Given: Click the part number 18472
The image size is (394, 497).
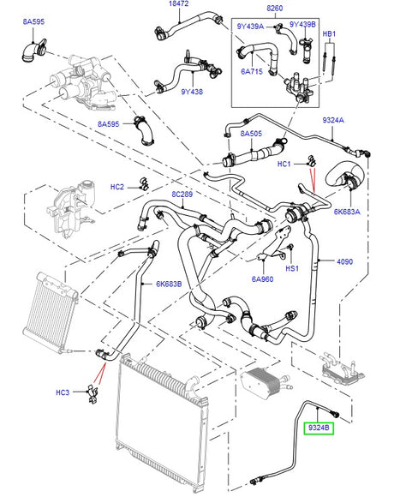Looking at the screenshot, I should [x=178, y=6].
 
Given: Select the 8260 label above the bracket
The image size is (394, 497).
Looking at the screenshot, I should [x=275, y=8].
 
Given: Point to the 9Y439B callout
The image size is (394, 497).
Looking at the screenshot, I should [x=301, y=25].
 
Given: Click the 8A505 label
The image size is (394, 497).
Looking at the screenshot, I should [x=251, y=135].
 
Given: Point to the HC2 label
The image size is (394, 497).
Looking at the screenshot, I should [x=117, y=187].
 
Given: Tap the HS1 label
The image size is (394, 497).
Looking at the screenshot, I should [x=291, y=267].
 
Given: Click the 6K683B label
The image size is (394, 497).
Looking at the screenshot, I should [x=170, y=285].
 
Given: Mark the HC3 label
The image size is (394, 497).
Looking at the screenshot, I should [x=63, y=393].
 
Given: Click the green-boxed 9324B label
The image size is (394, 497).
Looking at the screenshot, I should [x=319, y=426].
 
